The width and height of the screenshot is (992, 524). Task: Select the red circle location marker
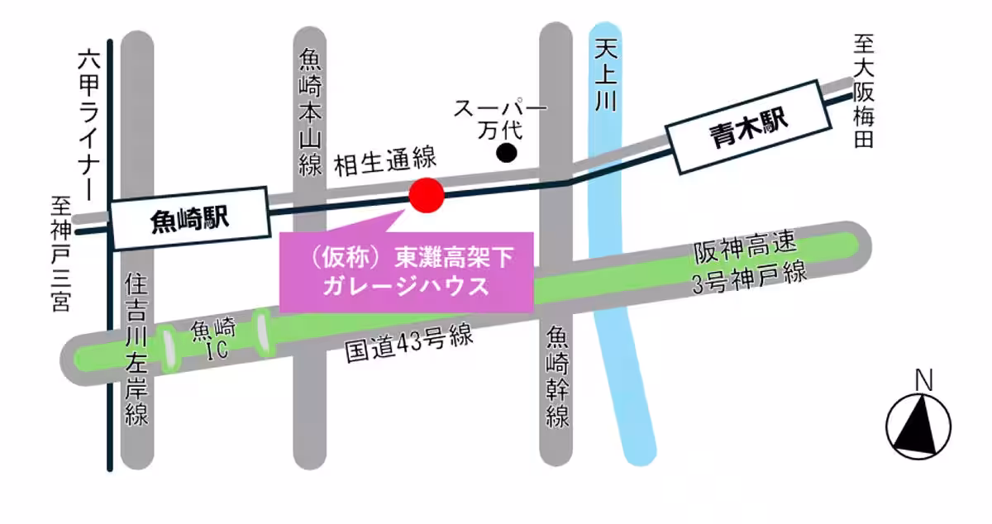[427, 195]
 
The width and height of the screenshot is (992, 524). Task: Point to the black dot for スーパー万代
[506, 152]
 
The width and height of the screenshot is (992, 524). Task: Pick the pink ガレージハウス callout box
[407, 274]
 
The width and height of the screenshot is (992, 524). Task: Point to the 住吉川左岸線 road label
[136, 350]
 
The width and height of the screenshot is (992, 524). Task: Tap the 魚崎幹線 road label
[559, 376]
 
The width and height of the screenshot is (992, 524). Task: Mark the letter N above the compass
[924, 381]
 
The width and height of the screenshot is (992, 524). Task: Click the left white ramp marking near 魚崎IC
[169, 348]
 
